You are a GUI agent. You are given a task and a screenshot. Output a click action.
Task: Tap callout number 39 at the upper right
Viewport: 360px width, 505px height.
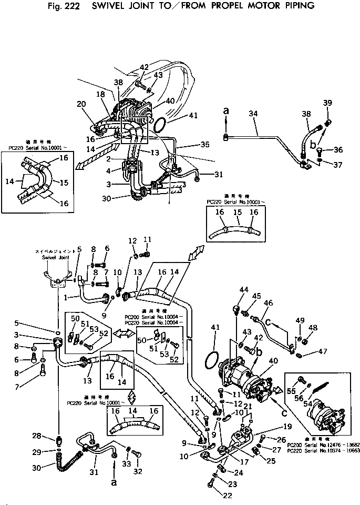(x=327, y=103)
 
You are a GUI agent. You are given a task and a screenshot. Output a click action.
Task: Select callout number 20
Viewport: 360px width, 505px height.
(x=81, y=104)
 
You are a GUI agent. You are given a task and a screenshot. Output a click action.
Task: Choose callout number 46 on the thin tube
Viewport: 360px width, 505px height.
(x=269, y=303)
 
